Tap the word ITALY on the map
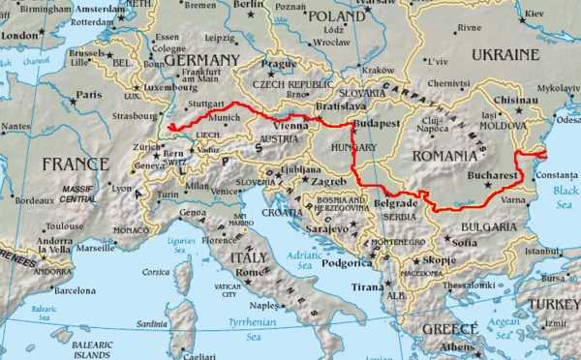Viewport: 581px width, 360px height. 249,257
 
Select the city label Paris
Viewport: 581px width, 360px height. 89,95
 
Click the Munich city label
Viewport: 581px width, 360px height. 224,117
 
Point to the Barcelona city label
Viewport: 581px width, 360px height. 76,289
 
